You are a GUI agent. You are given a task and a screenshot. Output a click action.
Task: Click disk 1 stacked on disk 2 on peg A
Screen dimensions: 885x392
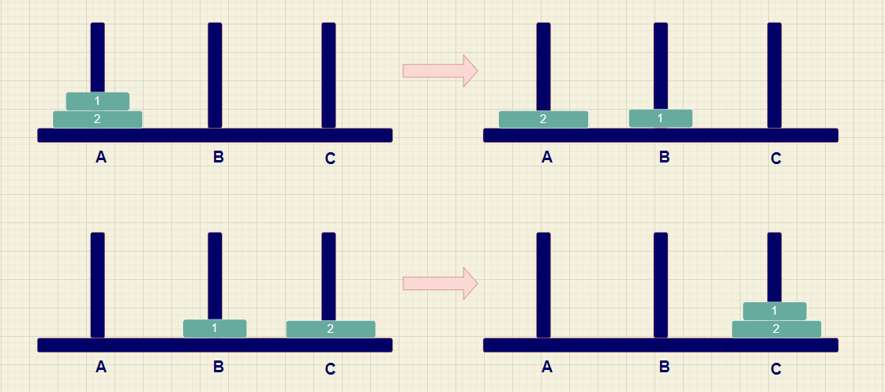97,101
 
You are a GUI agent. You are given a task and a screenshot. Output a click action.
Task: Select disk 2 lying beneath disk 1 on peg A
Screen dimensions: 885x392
97,119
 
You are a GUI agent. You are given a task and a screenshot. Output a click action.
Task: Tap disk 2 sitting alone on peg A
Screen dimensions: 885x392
543,119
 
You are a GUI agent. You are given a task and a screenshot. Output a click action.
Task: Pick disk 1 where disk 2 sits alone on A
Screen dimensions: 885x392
660,118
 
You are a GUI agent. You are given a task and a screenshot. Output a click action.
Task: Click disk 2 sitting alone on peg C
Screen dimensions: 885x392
330,329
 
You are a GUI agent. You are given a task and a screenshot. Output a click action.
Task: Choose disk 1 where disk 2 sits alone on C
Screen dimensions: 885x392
215,328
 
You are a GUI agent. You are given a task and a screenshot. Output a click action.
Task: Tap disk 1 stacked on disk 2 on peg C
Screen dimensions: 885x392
774,311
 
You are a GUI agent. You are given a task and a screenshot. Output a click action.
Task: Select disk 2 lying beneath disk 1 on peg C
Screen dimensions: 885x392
776,329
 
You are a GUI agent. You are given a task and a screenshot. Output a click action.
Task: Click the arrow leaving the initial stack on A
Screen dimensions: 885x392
440,70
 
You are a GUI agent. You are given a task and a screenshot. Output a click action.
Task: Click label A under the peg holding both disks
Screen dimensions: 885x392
101,157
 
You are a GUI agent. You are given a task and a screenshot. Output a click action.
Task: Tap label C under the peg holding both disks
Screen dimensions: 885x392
776,368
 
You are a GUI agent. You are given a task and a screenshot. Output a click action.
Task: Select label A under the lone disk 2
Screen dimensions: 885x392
547,157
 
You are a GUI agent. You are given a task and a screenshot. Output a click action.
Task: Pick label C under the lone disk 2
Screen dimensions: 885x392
330,368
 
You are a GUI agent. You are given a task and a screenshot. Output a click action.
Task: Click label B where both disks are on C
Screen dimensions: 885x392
664,367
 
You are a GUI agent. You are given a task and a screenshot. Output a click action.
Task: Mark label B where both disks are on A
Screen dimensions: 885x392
219,157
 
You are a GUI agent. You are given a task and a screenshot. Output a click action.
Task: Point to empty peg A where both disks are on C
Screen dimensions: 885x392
543,284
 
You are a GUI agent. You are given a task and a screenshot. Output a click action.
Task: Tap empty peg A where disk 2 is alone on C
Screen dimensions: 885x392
97,284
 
